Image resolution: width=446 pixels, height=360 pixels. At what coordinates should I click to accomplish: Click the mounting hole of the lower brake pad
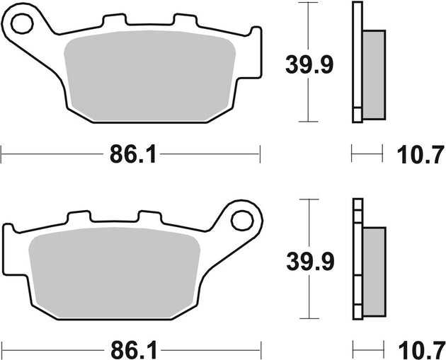(x=243, y=222)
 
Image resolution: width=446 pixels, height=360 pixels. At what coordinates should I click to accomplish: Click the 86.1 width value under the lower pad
(x=132, y=348)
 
